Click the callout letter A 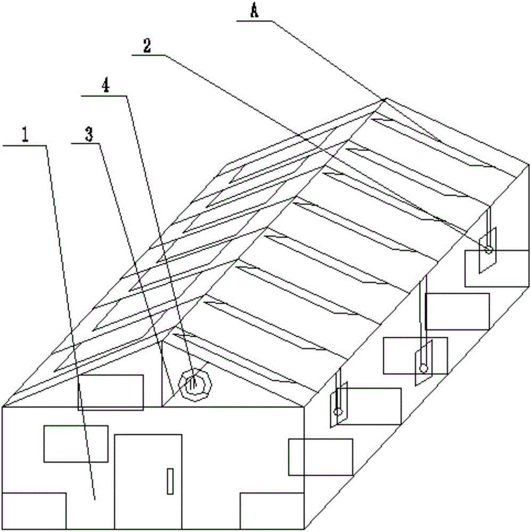point(254,12)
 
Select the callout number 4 point(106,87)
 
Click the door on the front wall point(148,481)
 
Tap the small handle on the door point(170,481)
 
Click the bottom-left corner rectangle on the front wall point(34,510)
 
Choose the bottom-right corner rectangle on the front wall point(271,511)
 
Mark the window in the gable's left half point(111,392)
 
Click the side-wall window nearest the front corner point(320,456)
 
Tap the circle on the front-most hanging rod point(337,411)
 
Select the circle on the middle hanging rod point(423,367)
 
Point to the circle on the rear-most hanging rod point(487,250)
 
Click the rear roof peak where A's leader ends point(385,98)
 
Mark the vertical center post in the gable point(161,375)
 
